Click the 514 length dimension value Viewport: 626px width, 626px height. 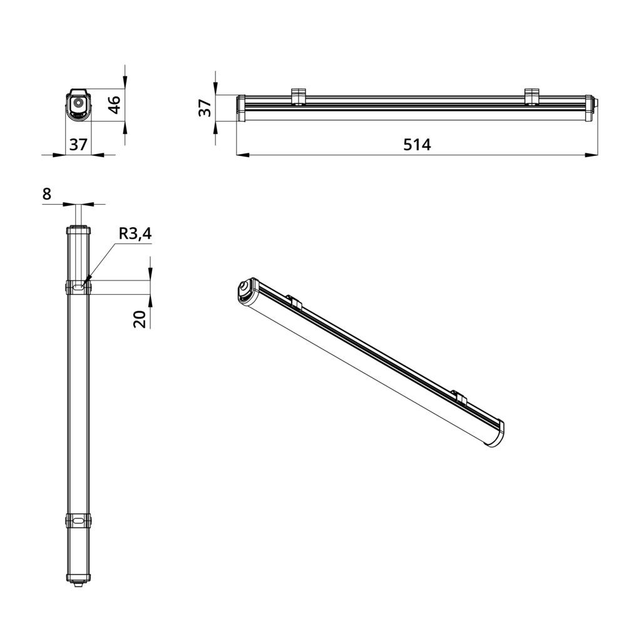tap(417, 145)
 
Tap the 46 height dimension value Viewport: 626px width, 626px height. tap(115, 105)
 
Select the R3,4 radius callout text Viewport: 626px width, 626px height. tap(135, 233)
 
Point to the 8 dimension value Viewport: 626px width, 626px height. tap(47, 195)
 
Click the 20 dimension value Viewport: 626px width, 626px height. tap(140, 319)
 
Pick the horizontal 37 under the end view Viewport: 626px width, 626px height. tap(78, 144)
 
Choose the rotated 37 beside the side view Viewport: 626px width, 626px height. tap(205, 108)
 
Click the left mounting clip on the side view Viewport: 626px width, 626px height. tap(298, 96)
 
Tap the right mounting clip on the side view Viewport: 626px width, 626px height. tap(531, 96)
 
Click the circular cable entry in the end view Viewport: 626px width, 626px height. tap(78, 103)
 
